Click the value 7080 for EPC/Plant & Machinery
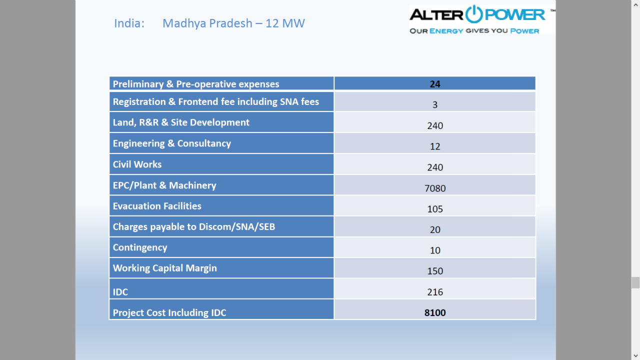tap(435, 188)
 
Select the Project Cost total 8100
tap(435, 312)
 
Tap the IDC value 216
tap(435, 292)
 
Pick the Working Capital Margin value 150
tap(435, 271)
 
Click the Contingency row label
tap(140, 247)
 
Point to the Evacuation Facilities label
tap(157, 206)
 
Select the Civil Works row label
tap(137, 164)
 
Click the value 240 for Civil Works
tap(435, 167)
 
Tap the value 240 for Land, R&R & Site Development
tap(435, 125)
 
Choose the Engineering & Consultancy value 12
tap(435, 146)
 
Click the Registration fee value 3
tap(435, 104)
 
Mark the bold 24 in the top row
tap(435, 84)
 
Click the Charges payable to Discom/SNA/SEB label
tap(193, 226)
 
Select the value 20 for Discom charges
tap(435, 229)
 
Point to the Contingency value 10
tap(435, 250)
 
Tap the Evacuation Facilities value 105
tap(435, 209)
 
